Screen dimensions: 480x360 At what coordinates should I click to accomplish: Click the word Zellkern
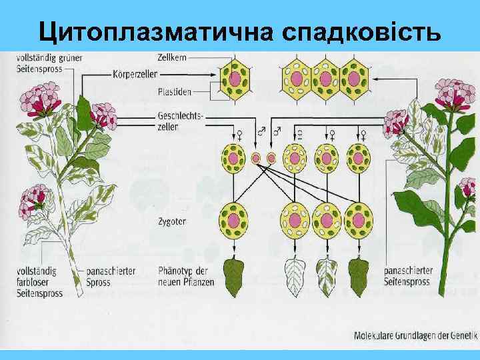click(173, 57)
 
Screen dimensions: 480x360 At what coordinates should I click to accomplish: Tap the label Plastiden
click(174, 92)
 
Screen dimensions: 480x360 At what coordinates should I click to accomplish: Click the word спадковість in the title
click(361, 30)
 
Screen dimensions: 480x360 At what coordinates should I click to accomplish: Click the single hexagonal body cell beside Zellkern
click(235, 79)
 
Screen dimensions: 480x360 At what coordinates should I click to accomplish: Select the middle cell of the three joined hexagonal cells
click(325, 79)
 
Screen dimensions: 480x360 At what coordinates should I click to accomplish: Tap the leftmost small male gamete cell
click(256, 158)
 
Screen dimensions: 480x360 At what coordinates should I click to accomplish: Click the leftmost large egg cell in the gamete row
click(235, 157)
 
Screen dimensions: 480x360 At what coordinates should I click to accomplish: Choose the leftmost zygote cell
click(235, 219)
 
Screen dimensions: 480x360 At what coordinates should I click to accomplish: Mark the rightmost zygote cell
click(359, 219)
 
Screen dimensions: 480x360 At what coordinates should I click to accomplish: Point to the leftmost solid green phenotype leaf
click(235, 277)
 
